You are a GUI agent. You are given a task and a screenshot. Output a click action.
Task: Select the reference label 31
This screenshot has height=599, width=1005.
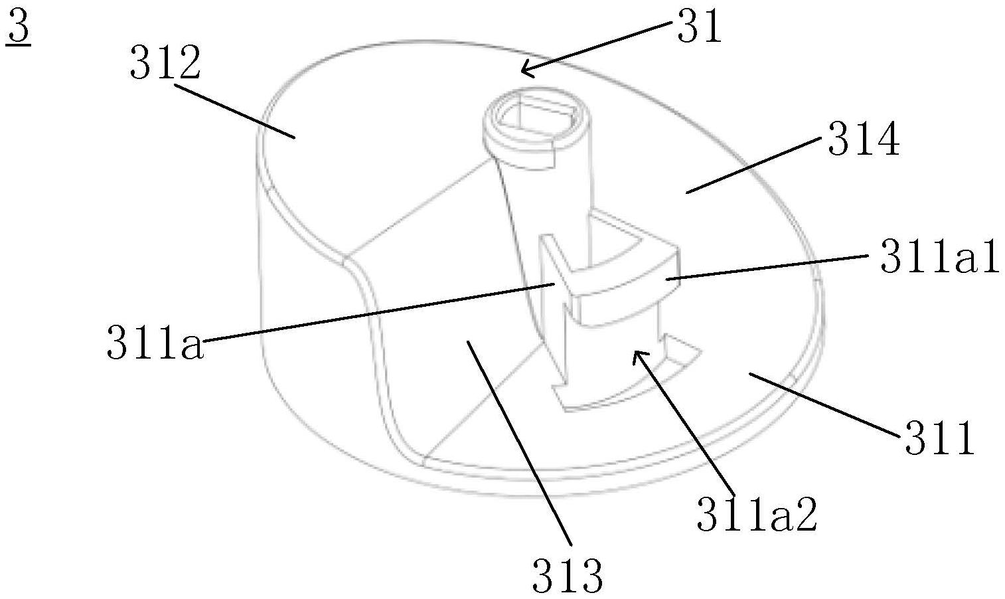pos(698,29)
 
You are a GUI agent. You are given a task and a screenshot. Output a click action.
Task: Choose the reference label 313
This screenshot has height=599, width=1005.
pos(568,575)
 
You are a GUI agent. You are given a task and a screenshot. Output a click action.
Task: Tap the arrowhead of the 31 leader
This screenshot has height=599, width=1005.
pos(524,69)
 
